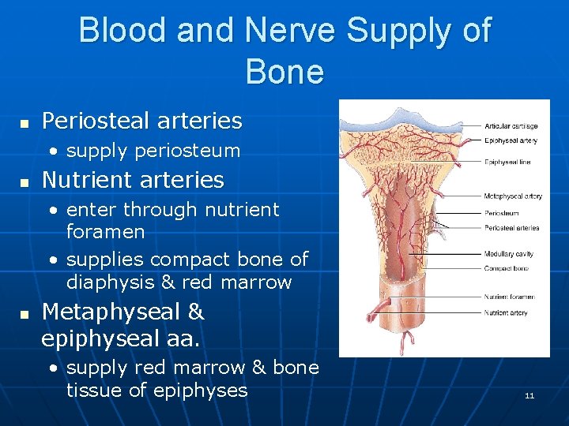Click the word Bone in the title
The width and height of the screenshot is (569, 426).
coord(284,72)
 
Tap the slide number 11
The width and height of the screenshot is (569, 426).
coord(529,395)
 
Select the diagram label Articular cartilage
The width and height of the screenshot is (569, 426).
coord(511,125)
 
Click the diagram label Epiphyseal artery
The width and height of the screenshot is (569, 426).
coord(511,140)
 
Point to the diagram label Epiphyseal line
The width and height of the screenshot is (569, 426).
coord(507,162)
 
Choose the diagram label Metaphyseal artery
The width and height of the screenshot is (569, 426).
coord(512,196)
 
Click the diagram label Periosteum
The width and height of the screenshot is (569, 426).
coord(501,213)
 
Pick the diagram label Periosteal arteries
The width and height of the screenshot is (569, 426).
coord(511,228)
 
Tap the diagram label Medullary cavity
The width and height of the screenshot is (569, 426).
coord(508,254)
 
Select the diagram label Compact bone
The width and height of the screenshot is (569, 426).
coord(506,269)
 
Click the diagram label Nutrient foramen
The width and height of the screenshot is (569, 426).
coord(509,297)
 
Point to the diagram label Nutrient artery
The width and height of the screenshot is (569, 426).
coord(506,313)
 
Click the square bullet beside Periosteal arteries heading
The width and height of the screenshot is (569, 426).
coord(24,123)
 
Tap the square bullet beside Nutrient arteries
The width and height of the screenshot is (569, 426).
coord(24,182)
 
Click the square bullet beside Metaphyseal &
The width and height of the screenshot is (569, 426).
coord(24,315)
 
